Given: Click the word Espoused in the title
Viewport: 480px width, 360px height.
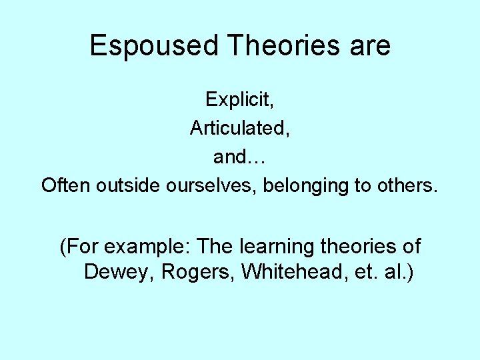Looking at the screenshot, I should (153, 46).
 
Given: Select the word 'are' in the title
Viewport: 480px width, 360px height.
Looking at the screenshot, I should (369, 46).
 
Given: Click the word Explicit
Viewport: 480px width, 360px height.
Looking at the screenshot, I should (238, 99).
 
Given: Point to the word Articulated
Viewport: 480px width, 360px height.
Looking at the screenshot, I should (239, 128).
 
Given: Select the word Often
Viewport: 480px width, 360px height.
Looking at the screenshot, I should (66, 185).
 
